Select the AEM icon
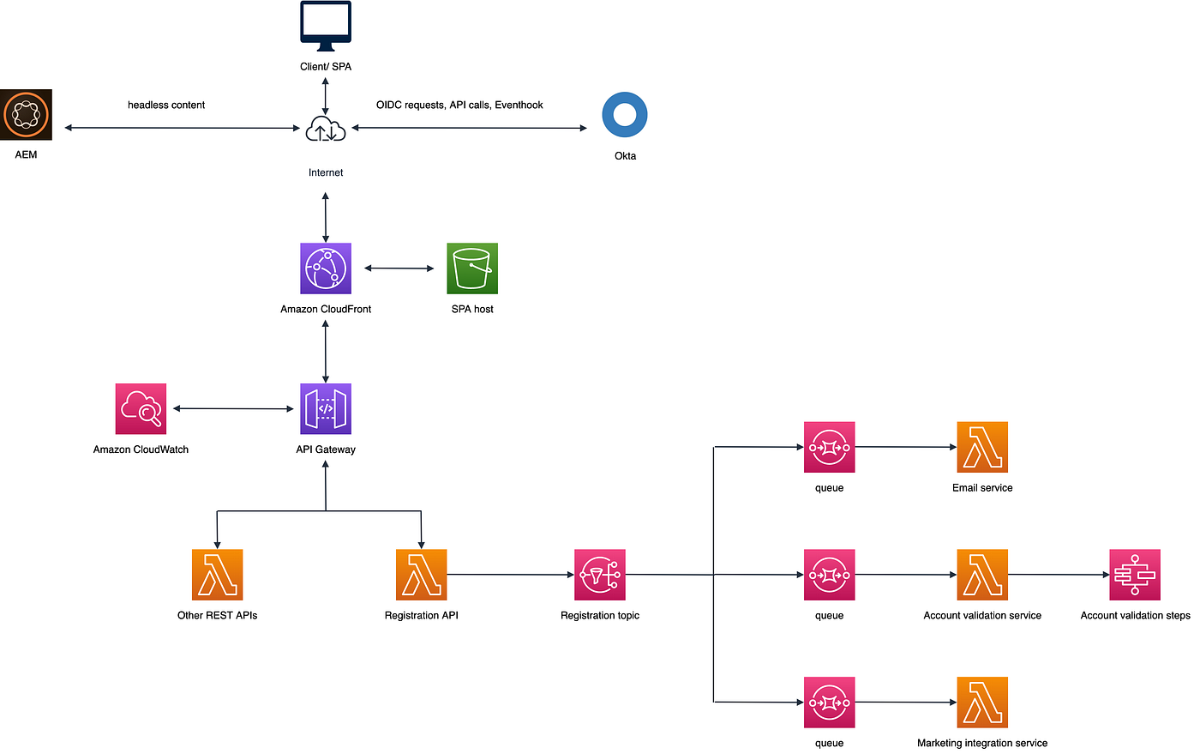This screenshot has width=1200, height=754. click(26, 114)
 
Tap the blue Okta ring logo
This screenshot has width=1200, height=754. click(625, 115)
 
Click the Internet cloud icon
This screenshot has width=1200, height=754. click(326, 130)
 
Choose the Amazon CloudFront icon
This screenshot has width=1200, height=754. click(326, 268)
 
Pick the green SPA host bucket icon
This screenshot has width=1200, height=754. click(472, 268)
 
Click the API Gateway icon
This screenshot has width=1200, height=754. click(326, 408)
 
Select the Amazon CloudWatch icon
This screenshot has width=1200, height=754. click(141, 408)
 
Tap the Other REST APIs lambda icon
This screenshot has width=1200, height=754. click(217, 575)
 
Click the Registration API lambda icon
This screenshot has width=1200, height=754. click(421, 575)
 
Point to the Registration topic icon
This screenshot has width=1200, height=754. click(600, 575)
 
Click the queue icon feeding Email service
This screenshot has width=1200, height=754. click(829, 447)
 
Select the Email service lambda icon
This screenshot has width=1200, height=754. click(982, 447)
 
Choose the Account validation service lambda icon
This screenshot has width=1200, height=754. click(982, 575)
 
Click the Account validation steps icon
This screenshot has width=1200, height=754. click(1135, 575)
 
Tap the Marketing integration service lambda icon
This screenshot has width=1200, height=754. click(982, 702)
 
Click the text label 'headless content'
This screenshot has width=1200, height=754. click(166, 105)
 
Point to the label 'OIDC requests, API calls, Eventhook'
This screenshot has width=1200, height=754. click(459, 105)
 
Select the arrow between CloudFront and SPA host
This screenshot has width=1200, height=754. click(399, 268)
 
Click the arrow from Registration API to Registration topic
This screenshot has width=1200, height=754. click(510, 575)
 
